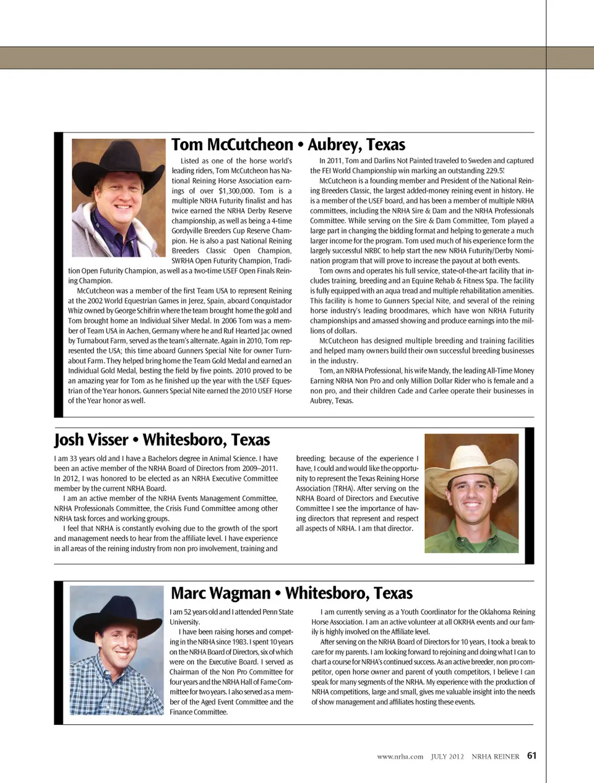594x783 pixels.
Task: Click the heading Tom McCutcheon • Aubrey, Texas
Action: [288, 145]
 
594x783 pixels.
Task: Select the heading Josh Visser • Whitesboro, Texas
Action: [161, 440]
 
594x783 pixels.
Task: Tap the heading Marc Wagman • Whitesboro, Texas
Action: [291, 593]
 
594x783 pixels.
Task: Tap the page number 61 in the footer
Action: [532, 756]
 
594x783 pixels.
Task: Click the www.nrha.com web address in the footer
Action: [400, 756]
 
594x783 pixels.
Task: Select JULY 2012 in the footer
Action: [447, 756]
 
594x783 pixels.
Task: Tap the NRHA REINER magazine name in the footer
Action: [495, 756]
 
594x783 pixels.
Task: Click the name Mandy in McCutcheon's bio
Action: [439, 371]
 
